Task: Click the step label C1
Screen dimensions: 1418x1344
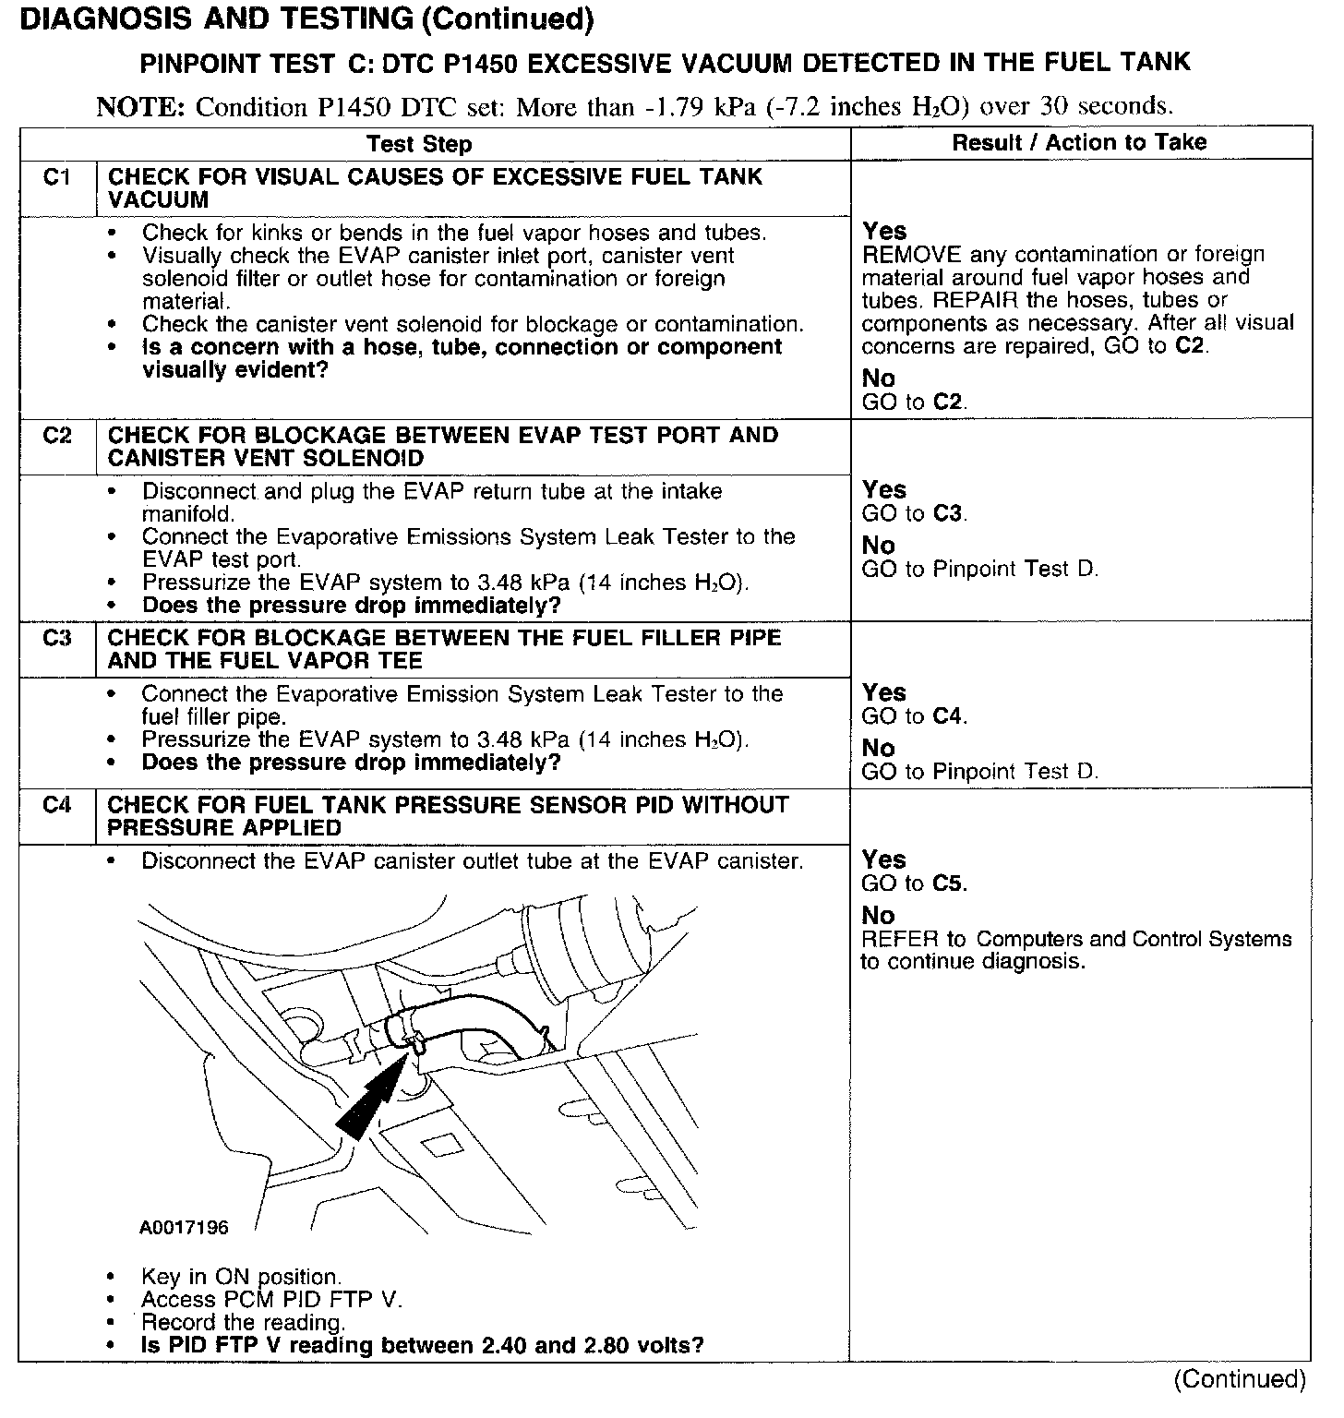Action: point(56,176)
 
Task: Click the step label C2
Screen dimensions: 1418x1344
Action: point(56,435)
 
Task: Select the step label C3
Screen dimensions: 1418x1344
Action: point(56,638)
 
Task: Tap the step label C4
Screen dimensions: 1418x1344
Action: point(56,805)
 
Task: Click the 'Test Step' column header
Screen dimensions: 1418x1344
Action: point(418,144)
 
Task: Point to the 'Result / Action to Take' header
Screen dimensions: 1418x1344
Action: point(1079,142)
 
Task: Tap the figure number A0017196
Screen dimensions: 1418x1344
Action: point(184,1228)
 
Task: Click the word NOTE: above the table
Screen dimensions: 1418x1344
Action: point(141,107)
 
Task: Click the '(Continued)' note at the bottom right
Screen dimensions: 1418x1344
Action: point(1240,1379)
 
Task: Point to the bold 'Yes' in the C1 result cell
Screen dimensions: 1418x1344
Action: point(884,231)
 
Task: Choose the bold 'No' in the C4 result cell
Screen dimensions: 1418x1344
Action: point(878,915)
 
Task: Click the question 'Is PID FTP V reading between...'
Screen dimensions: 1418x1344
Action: point(422,1344)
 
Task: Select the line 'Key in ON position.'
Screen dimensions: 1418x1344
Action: point(241,1277)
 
